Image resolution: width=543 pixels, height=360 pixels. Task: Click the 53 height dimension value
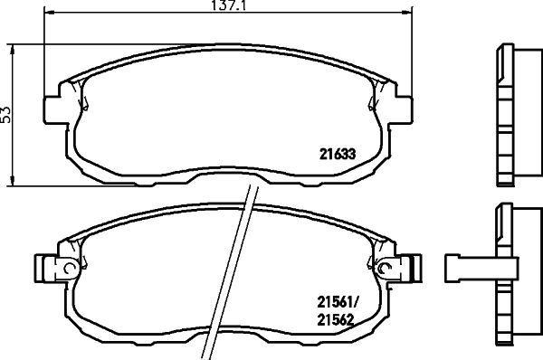(x=6, y=115)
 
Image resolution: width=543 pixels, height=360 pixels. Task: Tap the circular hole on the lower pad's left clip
(x=70, y=269)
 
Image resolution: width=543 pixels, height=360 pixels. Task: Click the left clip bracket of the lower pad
(x=47, y=269)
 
